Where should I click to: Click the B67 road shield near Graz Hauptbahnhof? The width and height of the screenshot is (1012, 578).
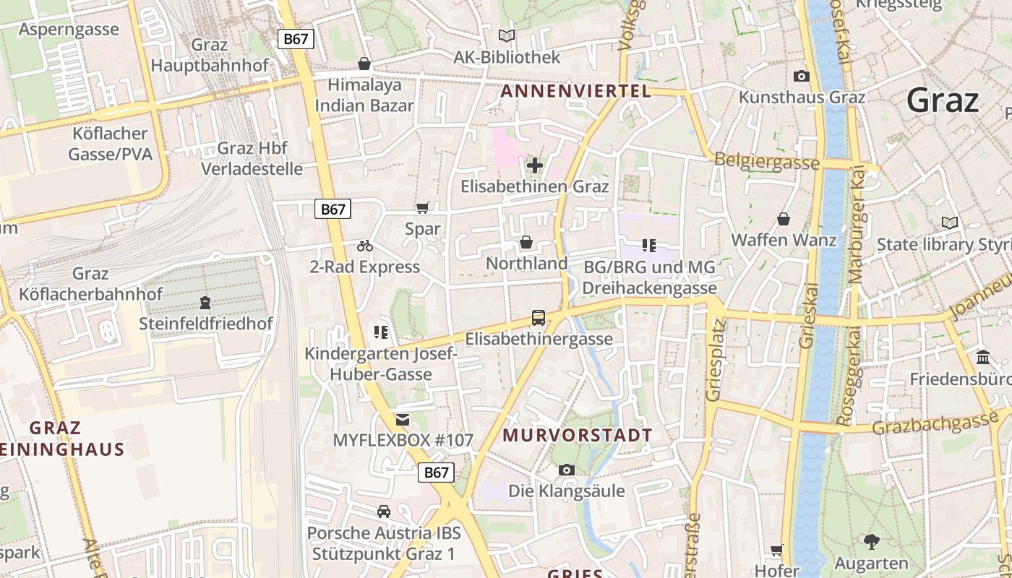coord(296,39)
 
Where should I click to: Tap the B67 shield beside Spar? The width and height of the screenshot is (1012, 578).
coord(333,210)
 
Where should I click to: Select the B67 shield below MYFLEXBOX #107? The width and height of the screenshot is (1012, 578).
coord(436,473)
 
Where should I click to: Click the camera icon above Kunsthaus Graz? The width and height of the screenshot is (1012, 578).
coord(801,76)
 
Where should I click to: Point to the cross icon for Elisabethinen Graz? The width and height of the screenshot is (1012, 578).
coord(534,166)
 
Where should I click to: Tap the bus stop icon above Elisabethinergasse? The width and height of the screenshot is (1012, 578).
coord(538,318)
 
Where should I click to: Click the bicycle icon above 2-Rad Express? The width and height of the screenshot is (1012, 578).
coord(364,246)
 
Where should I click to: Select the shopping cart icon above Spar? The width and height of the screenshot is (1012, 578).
coord(423,208)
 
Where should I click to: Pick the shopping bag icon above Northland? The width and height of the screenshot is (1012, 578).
coord(526,242)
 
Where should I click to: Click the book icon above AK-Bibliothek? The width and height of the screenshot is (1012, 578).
coord(507,36)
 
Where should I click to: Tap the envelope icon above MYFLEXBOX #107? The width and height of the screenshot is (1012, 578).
coord(403,420)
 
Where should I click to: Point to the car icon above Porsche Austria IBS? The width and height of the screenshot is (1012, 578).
coord(383,512)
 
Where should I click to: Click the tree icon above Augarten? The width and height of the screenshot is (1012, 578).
coord(871,541)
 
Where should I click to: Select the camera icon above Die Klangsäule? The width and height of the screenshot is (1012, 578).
coord(567,470)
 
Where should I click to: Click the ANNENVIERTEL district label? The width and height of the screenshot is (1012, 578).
coord(576,91)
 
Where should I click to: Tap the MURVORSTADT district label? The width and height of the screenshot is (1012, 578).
coord(578,436)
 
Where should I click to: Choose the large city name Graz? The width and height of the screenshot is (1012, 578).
coord(943,100)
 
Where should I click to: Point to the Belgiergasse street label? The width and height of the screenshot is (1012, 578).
coord(766,161)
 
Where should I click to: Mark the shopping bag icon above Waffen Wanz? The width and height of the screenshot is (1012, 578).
coord(784,219)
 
